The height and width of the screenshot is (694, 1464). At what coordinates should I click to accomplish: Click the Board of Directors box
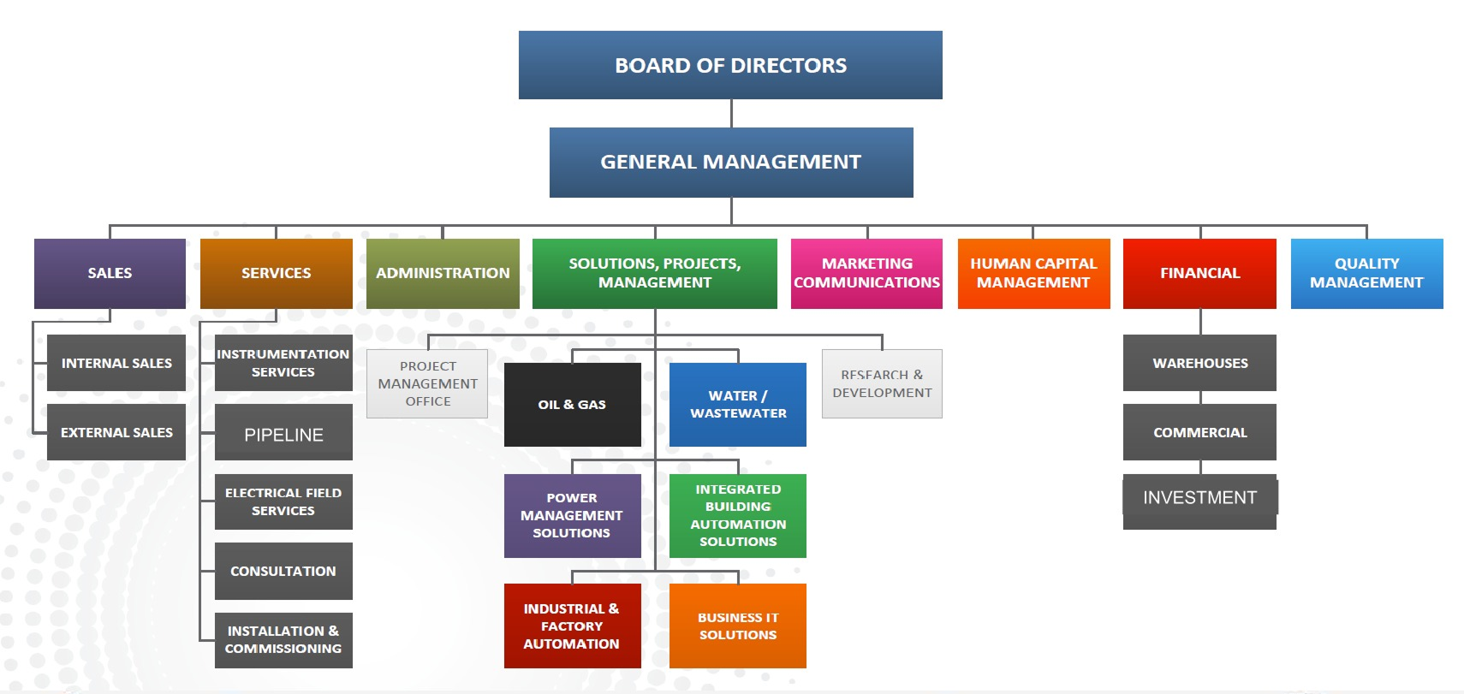point(729,65)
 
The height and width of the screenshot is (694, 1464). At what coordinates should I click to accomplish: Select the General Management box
point(730,162)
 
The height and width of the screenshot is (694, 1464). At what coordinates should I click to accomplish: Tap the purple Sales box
point(110,273)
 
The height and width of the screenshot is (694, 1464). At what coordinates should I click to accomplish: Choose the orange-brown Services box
point(276,273)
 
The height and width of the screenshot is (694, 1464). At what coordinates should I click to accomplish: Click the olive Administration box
point(442,273)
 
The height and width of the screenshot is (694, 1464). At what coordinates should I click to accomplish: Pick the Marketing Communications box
point(866,273)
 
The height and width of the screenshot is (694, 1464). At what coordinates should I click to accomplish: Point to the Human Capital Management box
point(1033,273)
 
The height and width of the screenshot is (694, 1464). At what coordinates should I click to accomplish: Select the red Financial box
point(1199,273)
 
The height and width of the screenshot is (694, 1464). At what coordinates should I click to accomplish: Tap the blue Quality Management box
point(1366,273)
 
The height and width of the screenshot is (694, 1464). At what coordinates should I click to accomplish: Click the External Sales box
point(116,432)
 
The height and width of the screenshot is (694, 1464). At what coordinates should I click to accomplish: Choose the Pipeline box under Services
point(283,433)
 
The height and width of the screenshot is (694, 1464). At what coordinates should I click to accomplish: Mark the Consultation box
point(283,571)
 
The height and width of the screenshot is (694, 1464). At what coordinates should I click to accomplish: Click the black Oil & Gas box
point(572,404)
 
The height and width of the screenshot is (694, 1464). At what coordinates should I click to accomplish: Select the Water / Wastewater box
point(737,404)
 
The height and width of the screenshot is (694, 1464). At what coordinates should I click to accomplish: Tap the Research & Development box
point(882,383)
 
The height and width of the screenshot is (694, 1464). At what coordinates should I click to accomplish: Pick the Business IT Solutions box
point(737,626)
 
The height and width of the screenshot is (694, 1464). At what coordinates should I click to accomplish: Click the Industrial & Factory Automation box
point(572,626)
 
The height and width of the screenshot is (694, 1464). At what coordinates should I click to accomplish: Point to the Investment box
point(1199,499)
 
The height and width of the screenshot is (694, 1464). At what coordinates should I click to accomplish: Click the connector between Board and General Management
point(731,113)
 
